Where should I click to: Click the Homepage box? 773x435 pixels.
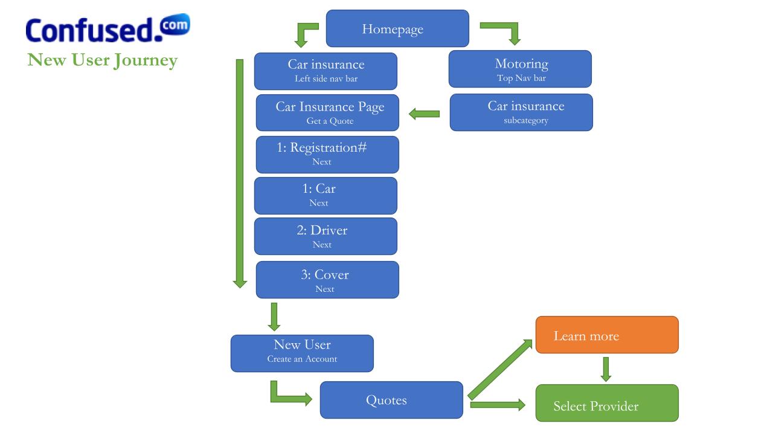[x=397, y=28]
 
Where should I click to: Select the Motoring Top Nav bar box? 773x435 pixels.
[x=520, y=69]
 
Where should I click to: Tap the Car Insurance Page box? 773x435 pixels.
[x=327, y=112]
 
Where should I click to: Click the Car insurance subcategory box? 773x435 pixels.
[x=521, y=112]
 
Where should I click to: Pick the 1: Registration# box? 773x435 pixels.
[x=327, y=154]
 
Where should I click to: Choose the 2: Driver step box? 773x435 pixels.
[x=326, y=236]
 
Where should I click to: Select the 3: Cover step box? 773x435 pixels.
[x=327, y=280]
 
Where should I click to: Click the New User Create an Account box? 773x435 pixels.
[x=302, y=353]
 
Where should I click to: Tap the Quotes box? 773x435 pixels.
[x=391, y=400]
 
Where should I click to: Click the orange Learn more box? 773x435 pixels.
[x=607, y=335]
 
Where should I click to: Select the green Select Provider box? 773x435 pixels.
[x=607, y=403]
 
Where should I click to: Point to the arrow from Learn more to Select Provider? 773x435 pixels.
[x=606, y=369]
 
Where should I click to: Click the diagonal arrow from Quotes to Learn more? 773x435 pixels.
[x=499, y=369]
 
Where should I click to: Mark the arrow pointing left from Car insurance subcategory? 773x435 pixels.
[x=424, y=114]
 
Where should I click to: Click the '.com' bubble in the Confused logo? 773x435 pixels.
[x=175, y=24]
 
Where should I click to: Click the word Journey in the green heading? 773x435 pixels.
[x=146, y=61]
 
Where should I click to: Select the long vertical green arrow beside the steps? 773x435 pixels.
[x=240, y=173]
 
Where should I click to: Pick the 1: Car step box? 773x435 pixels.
[x=326, y=196]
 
